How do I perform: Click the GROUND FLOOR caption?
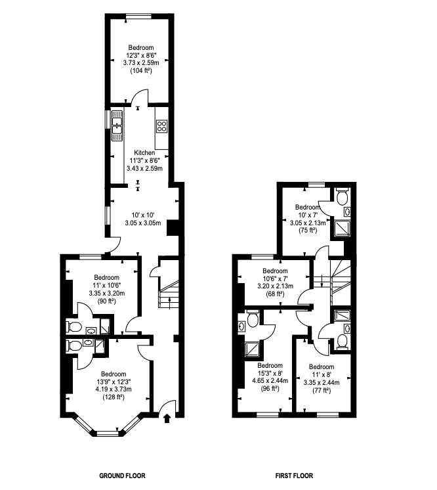point(121,476)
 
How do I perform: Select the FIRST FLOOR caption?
point(295,476)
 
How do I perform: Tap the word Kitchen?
point(144,152)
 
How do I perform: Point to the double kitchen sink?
point(118,124)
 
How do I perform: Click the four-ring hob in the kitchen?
point(161,125)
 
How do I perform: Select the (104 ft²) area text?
point(141,70)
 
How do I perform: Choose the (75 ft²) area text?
point(308,231)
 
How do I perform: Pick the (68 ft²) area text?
point(275,294)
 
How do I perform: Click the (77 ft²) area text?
point(322,390)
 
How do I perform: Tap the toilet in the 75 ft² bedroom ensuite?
point(341,196)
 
